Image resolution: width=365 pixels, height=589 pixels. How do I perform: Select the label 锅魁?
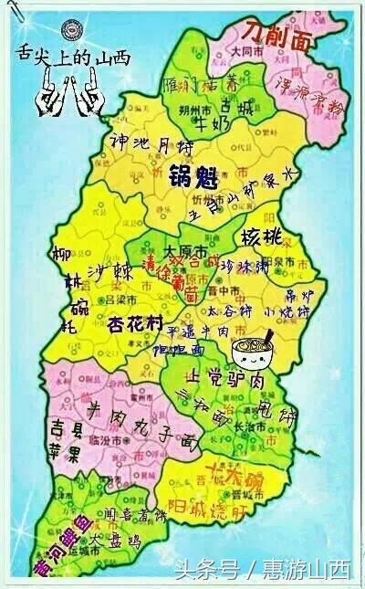point(190,175)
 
